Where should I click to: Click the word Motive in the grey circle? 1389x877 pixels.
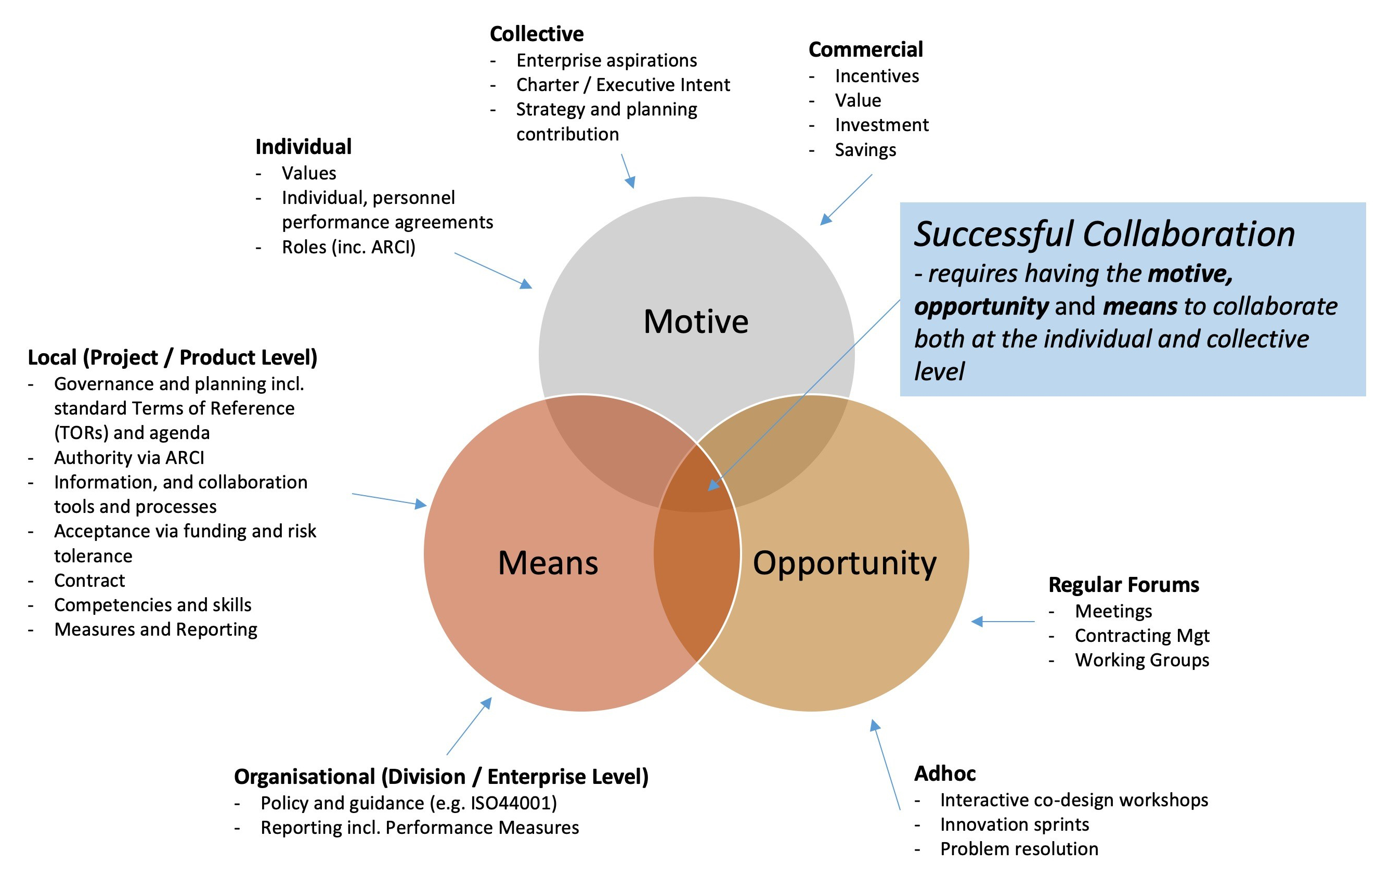[696, 321]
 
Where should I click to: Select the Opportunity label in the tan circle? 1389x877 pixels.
[845, 563]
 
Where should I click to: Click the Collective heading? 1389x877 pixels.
[537, 34]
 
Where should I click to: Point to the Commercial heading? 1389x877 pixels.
[865, 49]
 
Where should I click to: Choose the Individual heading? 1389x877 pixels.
[303, 147]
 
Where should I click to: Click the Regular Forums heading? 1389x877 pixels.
[1124, 585]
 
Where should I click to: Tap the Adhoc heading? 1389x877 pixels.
[945, 773]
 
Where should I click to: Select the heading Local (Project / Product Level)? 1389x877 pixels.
[173, 358]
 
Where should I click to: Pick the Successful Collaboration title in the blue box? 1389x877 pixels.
[1105, 234]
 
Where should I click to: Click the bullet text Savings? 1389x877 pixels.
[865, 150]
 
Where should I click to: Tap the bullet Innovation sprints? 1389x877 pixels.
[1015, 824]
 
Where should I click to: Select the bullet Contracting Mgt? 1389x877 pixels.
[1142, 635]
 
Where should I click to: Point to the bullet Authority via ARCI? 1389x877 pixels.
[129, 458]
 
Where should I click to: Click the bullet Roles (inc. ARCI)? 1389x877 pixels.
[348, 247]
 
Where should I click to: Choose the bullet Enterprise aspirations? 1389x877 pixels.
[606, 60]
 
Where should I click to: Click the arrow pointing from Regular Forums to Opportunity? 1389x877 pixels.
[1004, 622]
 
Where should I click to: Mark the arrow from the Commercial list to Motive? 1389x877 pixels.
[846, 200]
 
